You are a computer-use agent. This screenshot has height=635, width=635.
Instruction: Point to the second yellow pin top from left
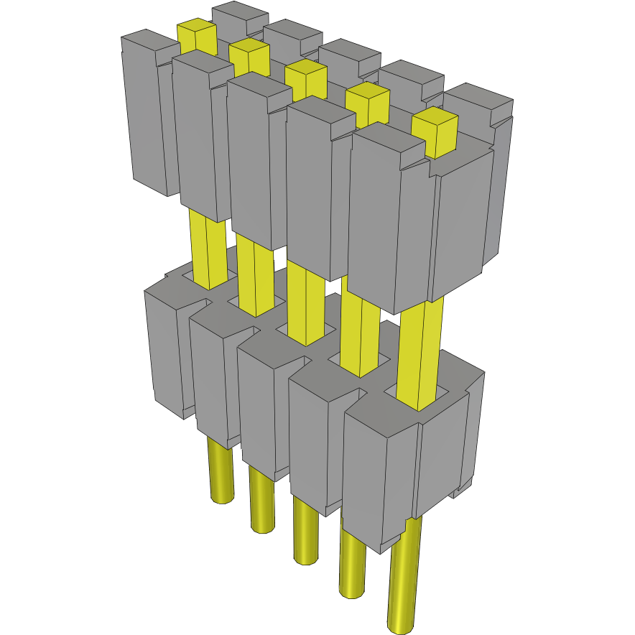(x=250, y=53)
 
